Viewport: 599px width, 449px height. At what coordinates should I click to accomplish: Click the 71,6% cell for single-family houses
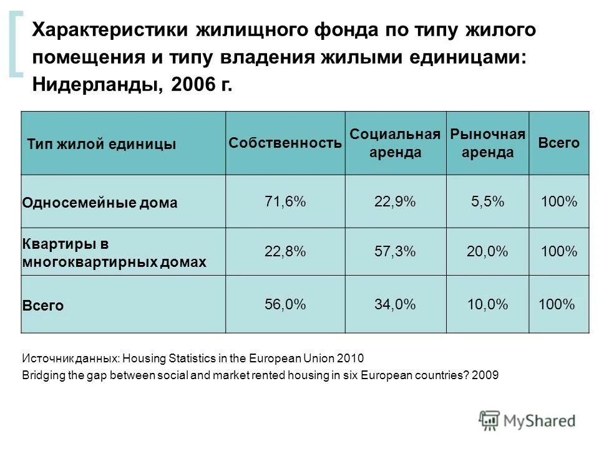(285, 201)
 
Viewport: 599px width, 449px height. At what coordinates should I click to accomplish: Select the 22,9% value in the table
(395, 201)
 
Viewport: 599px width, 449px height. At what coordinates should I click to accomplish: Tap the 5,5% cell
(487, 201)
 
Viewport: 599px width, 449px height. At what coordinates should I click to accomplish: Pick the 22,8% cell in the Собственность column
(285, 251)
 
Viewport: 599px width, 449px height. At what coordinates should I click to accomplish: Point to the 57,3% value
(395, 251)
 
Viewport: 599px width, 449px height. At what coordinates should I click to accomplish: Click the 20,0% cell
(487, 251)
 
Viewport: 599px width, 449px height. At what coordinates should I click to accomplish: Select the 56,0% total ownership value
(285, 304)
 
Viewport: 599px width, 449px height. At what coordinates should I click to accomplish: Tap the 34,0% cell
(395, 304)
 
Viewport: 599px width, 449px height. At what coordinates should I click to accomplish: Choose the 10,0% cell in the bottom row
(487, 304)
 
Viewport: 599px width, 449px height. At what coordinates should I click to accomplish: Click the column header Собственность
(285, 143)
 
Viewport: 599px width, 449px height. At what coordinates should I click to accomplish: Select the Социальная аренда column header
(395, 143)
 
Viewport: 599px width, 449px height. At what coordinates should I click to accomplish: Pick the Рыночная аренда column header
(487, 143)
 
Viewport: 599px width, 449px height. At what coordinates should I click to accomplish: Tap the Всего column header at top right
(558, 143)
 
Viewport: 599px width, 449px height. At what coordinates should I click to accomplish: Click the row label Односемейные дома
(100, 203)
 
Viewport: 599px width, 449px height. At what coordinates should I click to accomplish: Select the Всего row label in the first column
(43, 306)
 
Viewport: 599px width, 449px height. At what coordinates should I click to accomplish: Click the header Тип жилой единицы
(102, 144)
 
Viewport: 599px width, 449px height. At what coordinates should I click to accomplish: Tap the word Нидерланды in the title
(94, 84)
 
